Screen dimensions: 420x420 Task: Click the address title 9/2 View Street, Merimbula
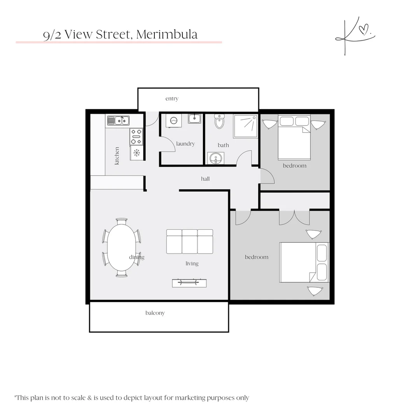coord(120,35)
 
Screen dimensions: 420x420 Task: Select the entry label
coord(172,99)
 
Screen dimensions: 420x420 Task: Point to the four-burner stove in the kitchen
coord(136,136)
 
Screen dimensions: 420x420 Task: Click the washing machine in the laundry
coord(173,121)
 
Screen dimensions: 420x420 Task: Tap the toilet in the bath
coord(219,121)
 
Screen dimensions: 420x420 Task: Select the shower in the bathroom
coord(245,126)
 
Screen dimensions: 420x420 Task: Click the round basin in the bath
coord(215,159)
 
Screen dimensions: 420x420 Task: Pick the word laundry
coord(185,144)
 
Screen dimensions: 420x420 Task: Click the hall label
coord(205,179)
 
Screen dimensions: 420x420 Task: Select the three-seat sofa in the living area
coord(190,241)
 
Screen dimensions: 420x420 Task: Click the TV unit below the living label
coord(189,283)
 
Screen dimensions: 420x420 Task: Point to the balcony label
coord(155,313)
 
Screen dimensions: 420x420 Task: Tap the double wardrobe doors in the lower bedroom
coord(294,217)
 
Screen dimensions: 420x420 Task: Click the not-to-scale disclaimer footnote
coord(132,398)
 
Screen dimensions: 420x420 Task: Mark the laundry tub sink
coord(194,118)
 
